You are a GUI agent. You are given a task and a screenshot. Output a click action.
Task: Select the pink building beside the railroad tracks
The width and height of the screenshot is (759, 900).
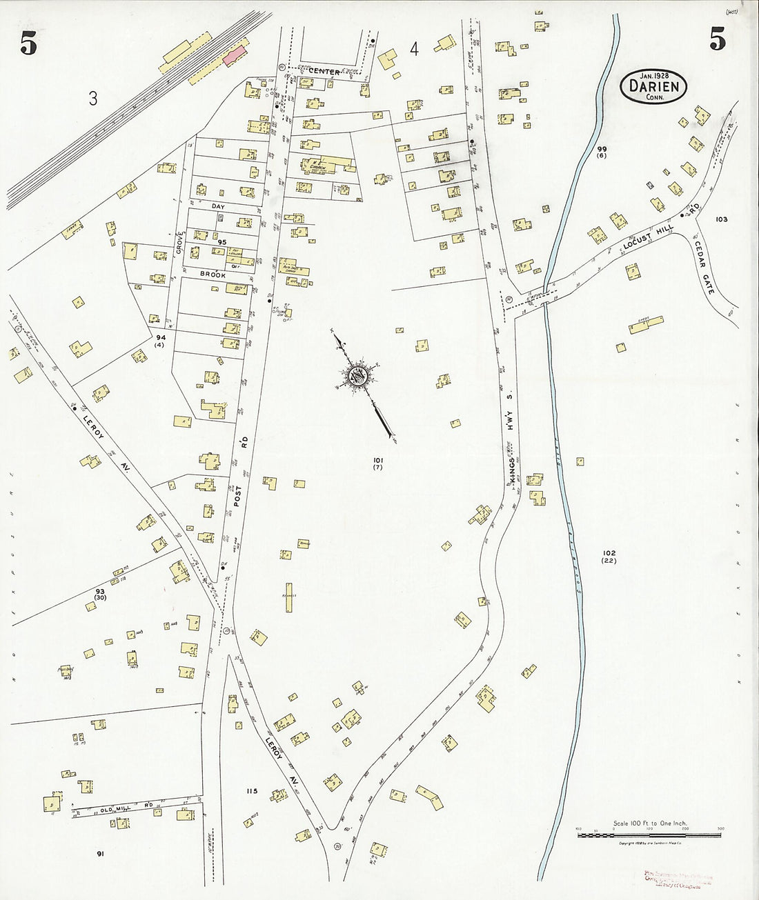pyautogui.click(x=235, y=52)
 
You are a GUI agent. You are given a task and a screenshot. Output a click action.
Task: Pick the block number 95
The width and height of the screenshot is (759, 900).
pyautogui.click(x=221, y=243)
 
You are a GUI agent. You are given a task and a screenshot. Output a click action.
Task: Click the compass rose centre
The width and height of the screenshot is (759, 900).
pyautogui.click(x=359, y=377)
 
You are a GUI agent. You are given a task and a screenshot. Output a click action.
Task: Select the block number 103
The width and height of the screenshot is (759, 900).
pyautogui.click(x=722, y=219)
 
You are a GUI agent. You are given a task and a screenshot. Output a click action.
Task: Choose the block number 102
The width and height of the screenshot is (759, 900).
pyautogui.click(x=609, y=553)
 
